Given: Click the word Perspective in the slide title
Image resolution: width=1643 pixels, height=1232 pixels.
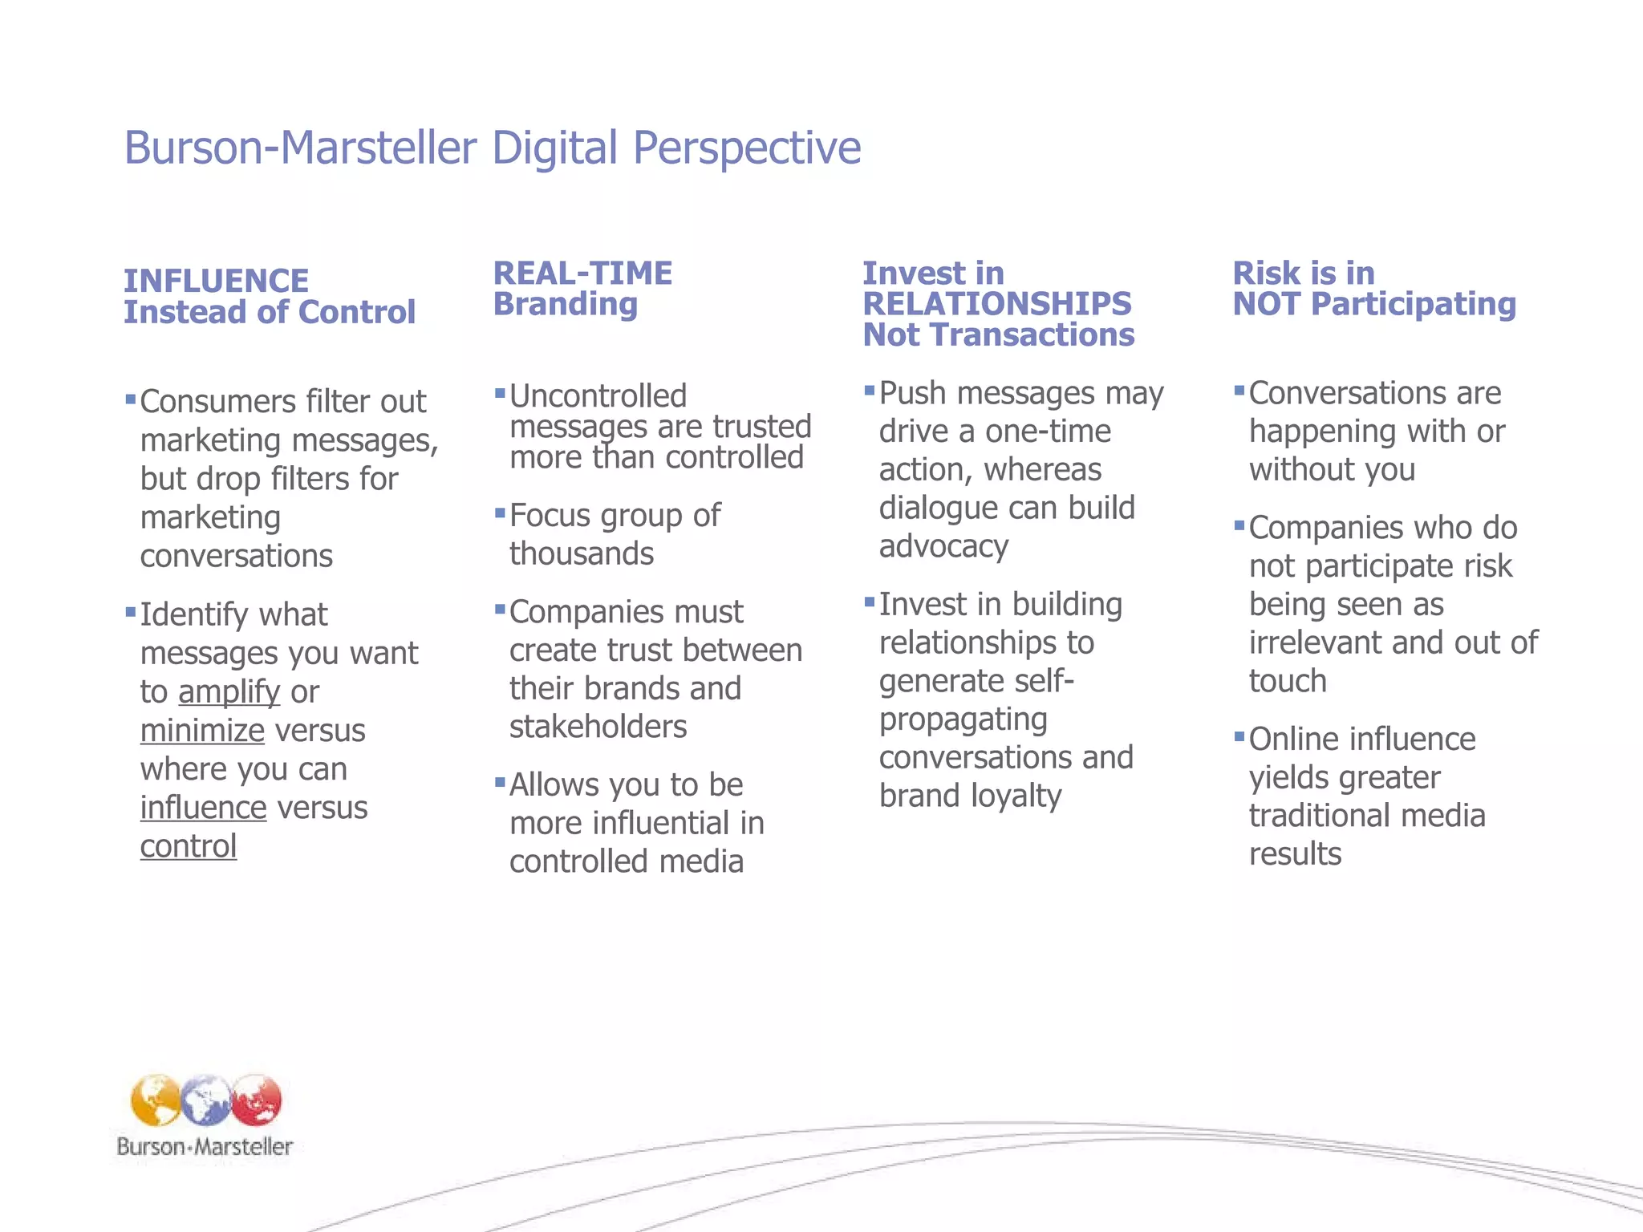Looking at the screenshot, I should click(746, 149).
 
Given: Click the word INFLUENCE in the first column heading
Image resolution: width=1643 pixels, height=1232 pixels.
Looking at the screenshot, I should click(216, 282).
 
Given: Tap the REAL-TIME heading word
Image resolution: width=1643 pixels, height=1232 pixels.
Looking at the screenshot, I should click(582, 274).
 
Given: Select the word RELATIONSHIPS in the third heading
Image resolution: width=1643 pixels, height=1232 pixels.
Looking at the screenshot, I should click(996, 304).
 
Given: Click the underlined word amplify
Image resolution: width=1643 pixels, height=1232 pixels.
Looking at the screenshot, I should click(229, 692).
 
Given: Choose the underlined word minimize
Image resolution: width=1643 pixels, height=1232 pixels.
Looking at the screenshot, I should click(202, 731).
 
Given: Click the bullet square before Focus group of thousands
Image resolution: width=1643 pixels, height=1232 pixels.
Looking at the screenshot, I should click(500, 512).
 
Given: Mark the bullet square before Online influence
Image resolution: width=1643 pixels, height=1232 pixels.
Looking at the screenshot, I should click(1239, 736).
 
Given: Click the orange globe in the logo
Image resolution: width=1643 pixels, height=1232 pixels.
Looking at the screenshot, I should click(156, 1100).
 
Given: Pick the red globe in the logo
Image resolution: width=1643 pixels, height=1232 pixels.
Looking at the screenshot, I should click(257, 1100).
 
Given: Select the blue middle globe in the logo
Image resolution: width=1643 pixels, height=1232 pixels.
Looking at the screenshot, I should click(205, 1100).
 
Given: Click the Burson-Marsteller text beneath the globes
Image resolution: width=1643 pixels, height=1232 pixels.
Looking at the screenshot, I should click(205, 1147).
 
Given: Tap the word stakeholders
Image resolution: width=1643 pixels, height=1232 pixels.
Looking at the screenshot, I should click(598, 727).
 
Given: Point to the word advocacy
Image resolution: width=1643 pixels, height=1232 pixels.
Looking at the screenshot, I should click(943, 547).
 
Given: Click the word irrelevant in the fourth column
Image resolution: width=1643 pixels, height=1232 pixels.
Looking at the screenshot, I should click(1315, 643).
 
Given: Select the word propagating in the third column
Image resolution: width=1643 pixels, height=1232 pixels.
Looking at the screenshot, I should click(963, 720).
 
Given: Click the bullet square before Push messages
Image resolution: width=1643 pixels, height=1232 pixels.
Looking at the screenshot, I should click(869, 391).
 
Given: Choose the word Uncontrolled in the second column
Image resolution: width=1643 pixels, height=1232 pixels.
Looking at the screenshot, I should click(598, 396).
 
